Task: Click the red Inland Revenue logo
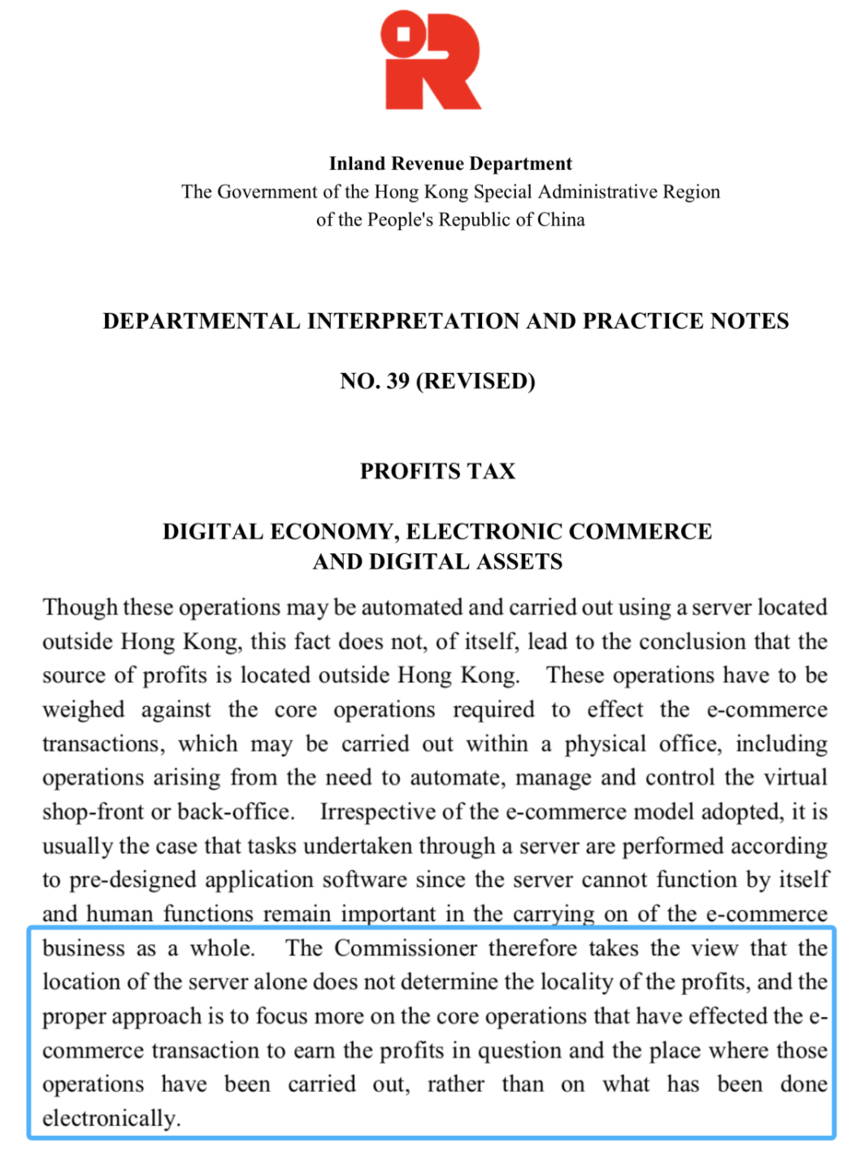(x=432, y=62)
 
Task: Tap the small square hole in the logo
(x=403, y=33)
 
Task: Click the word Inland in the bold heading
(x=358, y=163)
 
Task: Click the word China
(x=561, y=219)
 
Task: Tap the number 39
(x=397, y=381)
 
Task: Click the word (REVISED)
(x=476, y=381)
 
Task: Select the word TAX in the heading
(x=490, y=471)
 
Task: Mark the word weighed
(x=83, y=710)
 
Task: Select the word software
(x=364, y=880)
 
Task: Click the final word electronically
(x=111, y=1119)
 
